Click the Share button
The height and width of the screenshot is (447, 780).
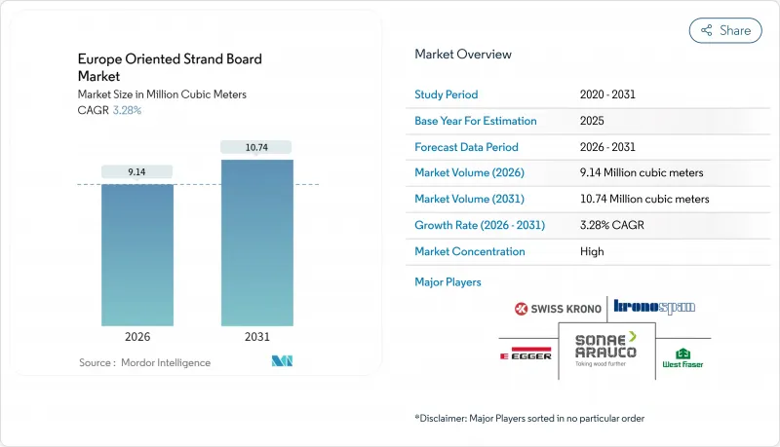point(725,30)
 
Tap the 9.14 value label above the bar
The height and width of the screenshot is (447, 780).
point(137,171)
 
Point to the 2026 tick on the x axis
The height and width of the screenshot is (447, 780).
point(137,338)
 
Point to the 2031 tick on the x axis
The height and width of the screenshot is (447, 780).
point(258,338)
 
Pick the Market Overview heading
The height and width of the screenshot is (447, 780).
point(463,55)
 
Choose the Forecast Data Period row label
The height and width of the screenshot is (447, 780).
point(466,147)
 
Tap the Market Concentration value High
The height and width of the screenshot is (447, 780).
point(591,251)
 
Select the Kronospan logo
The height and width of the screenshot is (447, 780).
point(655,307)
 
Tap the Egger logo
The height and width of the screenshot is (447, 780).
point(526,354)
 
